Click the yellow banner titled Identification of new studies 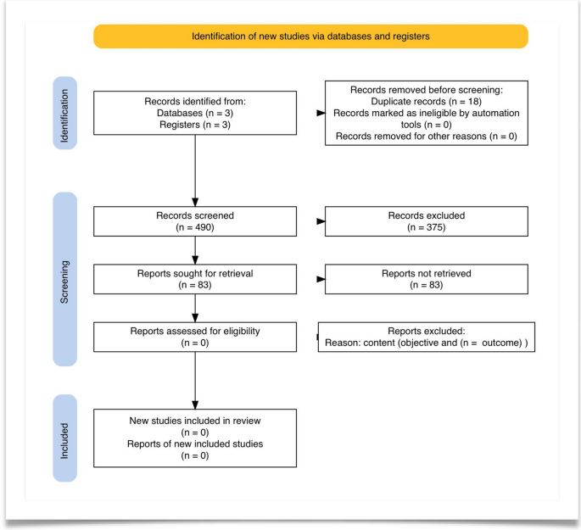pos(310,36)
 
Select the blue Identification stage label pos(65,113)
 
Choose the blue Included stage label pos(65,438)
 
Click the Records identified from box pos(195,113)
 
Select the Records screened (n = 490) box pos(195,220)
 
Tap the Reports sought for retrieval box pos(195,279)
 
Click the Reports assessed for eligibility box pos(195,337)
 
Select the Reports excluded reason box pos(427,337)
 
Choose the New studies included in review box pos(195,438)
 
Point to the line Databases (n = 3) pos(195,113)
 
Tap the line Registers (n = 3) pos(195,125)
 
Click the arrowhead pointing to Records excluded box pos(321,220)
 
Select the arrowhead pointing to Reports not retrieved pos(321,278)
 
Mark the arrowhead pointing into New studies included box pos(195,404)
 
